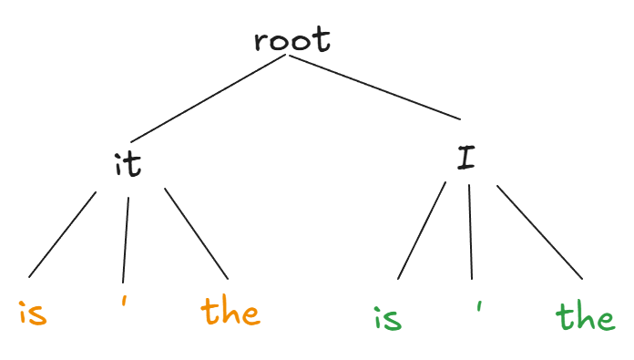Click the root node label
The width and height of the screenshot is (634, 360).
coord(292,39)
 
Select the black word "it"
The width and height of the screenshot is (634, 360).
coord(128,165)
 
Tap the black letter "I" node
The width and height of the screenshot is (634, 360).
coord(465,158)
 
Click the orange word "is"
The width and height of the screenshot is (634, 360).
coord(33,313)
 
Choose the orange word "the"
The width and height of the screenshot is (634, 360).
coord(230,311)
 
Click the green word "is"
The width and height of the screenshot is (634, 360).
coord(388,318)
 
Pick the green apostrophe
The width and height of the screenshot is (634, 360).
coord(479,306)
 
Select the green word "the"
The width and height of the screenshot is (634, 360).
coord(586,317)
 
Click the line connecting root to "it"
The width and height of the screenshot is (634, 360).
coord(208,98)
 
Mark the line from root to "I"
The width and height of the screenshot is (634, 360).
coord(374,87)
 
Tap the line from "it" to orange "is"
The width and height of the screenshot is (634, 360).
coord(62,234)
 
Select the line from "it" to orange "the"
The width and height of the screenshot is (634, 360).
coord(196,234)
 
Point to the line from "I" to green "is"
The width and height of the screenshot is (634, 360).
coord(422,231)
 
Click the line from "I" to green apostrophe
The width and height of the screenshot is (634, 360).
coord(471,231)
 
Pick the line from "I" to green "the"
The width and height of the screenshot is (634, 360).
coord(540,232)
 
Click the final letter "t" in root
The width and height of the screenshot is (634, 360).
coord(322,39)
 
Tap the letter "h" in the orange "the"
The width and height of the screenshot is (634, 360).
coord(230,311)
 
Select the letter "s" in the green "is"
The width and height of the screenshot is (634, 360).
coord(393,321)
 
